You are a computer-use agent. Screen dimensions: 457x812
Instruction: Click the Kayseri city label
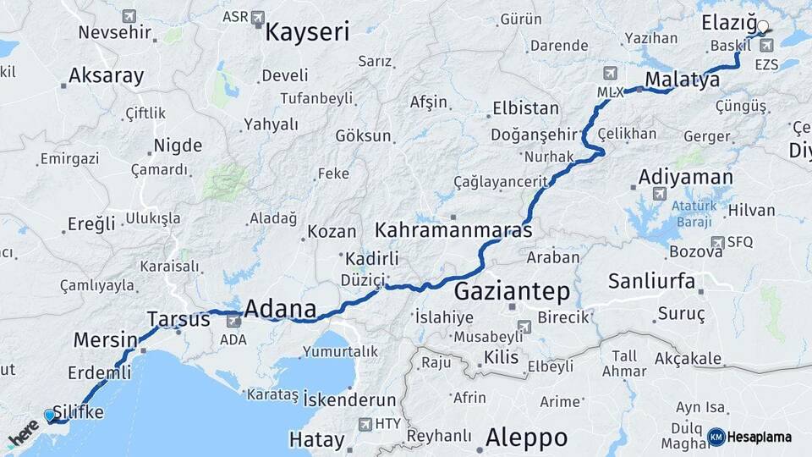pyautogui.click(x=307, y=32)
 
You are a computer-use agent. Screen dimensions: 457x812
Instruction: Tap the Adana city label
pyautogui.click(x=281, y=309)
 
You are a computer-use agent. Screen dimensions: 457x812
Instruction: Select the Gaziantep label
pyautogui.click(x=512, y=292)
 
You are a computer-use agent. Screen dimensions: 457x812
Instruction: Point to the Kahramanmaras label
pyautogui.click(x=453, y=230)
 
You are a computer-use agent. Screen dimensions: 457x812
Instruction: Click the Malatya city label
pyautogui.click(x=682, y=80)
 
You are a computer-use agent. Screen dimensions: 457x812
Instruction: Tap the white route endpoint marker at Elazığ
pyautogui.click(x=763, y=26)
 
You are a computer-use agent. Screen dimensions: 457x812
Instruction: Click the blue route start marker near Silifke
pyautogui.click(x=49, y=416)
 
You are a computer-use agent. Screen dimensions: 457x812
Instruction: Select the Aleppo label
pyautogui.click(x=526, y=438)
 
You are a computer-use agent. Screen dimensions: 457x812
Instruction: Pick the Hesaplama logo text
pyautogui.click(x=759, y=437)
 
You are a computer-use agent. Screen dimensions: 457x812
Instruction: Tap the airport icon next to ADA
pyautogui.click(x=233, y=322)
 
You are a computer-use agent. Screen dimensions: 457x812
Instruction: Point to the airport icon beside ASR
pyautogui.click(x=258, y=17)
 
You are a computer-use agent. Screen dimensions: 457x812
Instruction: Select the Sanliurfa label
pyautogui.click(x=651, y=281)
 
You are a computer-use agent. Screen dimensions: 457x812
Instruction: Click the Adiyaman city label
pyautogui.click(x=685, y=177)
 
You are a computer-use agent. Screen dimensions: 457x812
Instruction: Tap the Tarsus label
pyautogui.click(x=178, y=320)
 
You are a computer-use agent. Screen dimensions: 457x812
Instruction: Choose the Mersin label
pyautogui.click(x=105, y=340)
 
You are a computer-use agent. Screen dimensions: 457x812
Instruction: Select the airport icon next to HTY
pyautogui.click(x=365, y=424)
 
